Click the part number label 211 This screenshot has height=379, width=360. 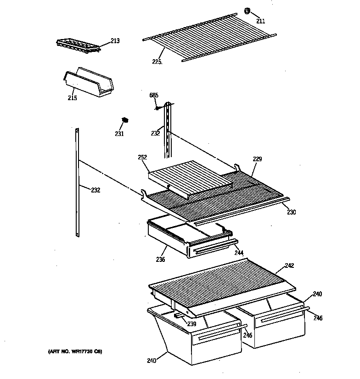(x=260, y=21)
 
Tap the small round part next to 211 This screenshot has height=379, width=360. (x=247, y=11)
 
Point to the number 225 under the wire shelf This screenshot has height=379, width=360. (x=157, y=62)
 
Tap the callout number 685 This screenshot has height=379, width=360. (x=154, y=95)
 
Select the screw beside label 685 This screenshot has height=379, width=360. (x=157, y=108)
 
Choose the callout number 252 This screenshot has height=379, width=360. (x=142, y=157)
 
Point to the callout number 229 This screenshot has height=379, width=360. (x=257, y=159)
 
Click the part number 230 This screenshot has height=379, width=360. (x=292, y=212)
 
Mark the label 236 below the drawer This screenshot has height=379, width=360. (x=160, y=260)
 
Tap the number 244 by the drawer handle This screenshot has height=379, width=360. (x=238, y=253)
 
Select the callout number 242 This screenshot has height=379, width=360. (x=289, y=266)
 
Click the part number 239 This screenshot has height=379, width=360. (x=191, y=324)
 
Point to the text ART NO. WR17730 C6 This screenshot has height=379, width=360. (x=74, y=351)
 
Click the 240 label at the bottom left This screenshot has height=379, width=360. (x=152, y=361)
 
